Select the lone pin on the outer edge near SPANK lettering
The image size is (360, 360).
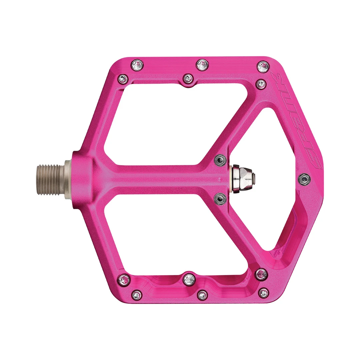tap(304, 179)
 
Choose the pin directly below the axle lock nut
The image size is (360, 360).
tap(220, 199)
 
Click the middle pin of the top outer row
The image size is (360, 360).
tap(202, 65)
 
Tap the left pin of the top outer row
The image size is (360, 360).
tap(137, 65)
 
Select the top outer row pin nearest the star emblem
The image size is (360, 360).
tap(263, 66)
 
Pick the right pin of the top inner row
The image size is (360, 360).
tap(261, 83)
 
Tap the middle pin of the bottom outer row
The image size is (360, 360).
tap(202, 295)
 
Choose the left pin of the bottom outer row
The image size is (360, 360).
tap(137, 295)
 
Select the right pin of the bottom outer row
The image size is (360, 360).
tap(264, 293)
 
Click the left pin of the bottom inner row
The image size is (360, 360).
tap(124, 279)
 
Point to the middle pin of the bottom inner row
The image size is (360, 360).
tap(189, 279)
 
